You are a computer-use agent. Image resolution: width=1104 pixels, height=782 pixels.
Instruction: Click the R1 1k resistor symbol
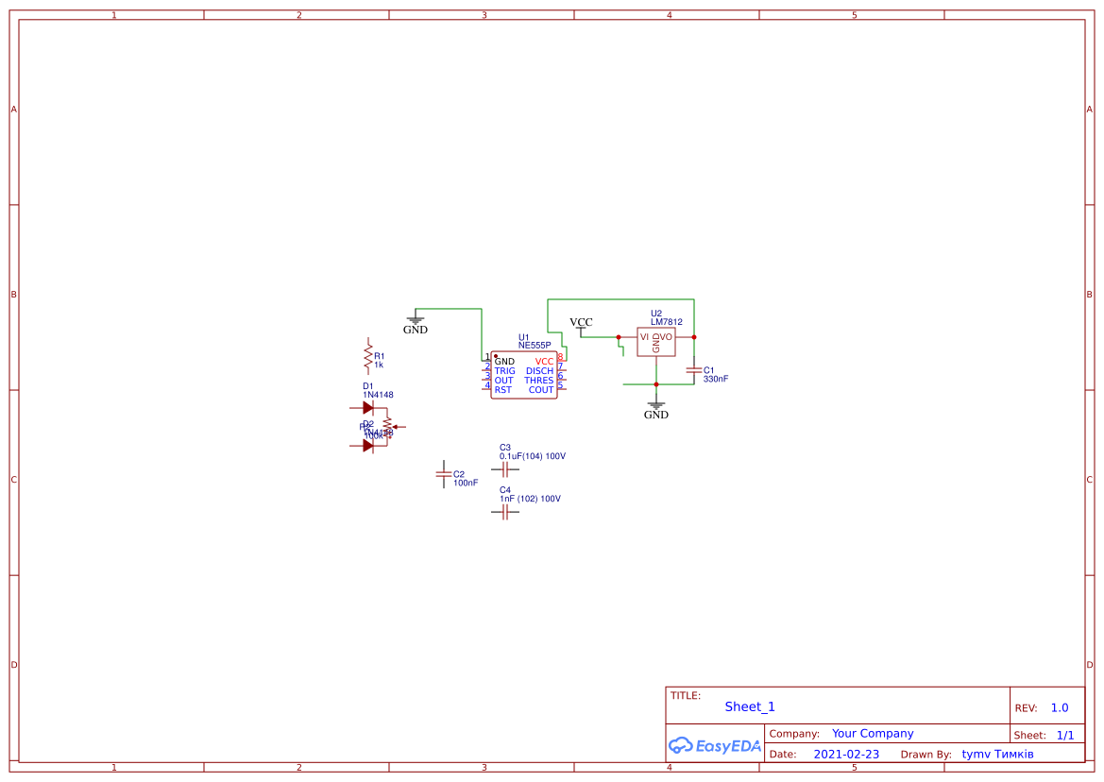click(x=367, y=356)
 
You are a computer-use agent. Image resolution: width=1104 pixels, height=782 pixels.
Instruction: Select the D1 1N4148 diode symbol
click(x=368, y=408)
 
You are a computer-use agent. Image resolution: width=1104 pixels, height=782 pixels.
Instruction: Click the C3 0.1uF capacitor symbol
click(x=505, y=468)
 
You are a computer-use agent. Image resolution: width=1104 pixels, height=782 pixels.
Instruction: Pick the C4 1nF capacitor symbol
click(x=505, y=512)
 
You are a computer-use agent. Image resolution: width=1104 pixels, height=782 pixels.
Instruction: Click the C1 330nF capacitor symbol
click(x=694, y=371)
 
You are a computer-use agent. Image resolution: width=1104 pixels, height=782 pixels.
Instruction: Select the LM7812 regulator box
click(x=655, y=341)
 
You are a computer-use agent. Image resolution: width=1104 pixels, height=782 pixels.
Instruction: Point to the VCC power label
click(x=581, y=323)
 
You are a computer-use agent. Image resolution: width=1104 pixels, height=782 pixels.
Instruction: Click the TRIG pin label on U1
click(x=504, y=371)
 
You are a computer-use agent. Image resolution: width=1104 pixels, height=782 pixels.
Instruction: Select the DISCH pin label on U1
click(x=539, y=371)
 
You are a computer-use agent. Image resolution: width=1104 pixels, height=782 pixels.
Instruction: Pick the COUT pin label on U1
click(x=541, y=390)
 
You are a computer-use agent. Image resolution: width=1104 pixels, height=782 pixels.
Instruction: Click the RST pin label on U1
click(x=502, y=390)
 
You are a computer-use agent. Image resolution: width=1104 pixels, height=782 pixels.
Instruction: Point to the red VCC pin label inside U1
click(x=544, y=362)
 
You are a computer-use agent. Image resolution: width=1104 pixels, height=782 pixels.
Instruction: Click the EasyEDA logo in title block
click(x=715, y=745)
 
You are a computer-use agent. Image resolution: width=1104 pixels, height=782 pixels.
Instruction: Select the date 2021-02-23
click(x=846, y=755)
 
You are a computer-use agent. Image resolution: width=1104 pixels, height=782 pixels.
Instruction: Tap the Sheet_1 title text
click(x=750, y=706)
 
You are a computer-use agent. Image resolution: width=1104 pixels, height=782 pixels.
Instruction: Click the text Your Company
click(x=873, y=733)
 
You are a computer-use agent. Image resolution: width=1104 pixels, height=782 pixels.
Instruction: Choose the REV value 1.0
click(x=1060, y=707)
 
